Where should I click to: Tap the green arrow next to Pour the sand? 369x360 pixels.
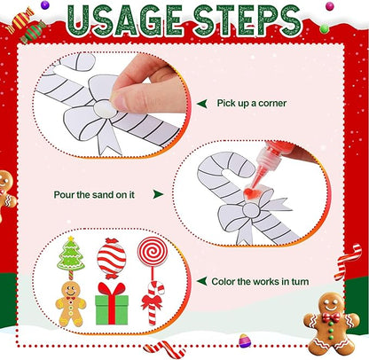(x=158, y=193)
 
